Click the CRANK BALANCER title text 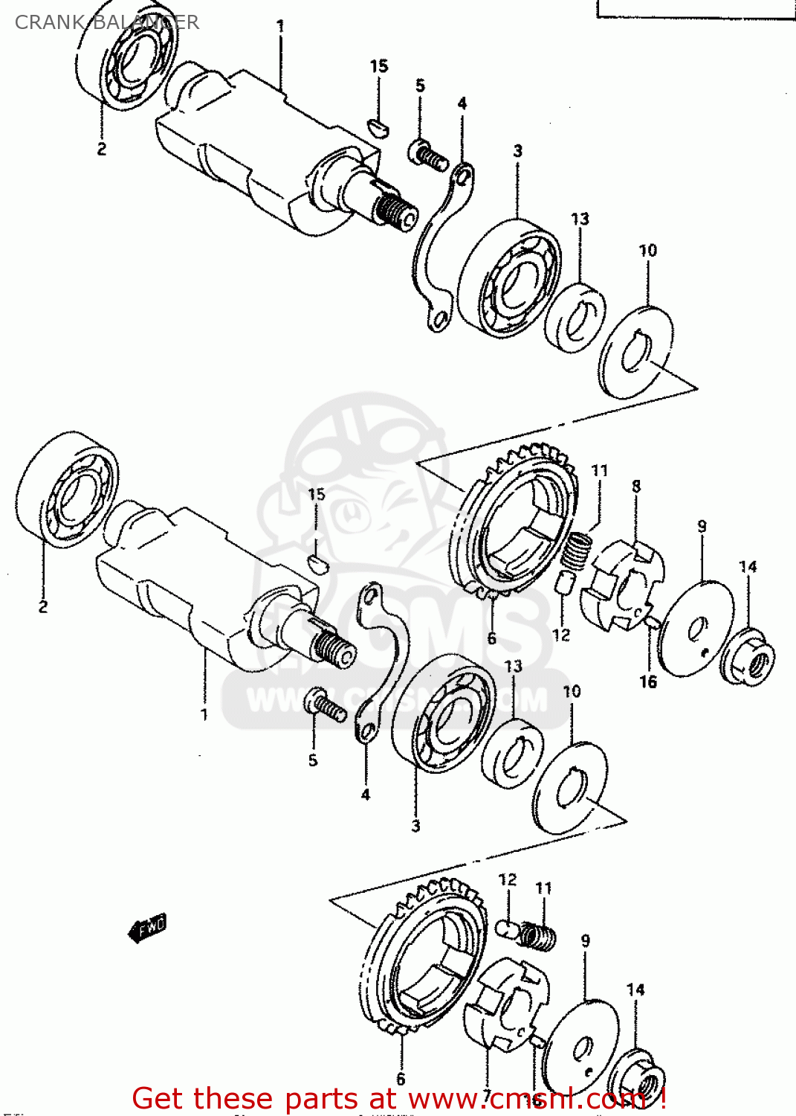[x=106, y=22]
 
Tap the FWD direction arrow [x=147, y=928]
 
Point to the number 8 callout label [x=636, y=486]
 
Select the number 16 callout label [x=648, y=682]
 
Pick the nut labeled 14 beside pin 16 [x=749, y=658]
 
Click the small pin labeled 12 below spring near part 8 [x=564, y=582]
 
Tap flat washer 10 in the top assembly [x=636, y=352]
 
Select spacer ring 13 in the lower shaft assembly [x=512, y=753]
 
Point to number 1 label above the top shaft [x=280, y=26]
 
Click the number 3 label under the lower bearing [x=415, y=825]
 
